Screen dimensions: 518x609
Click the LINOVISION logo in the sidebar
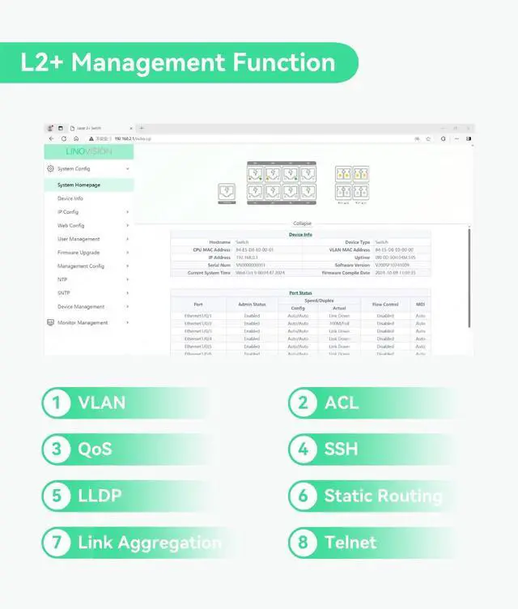click(89, 151)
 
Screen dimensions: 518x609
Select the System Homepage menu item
click(79, 185)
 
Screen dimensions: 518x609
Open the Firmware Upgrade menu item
click(79, 253)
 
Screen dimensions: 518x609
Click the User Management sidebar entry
click(79, 239)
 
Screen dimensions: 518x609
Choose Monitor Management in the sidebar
click(82, 322)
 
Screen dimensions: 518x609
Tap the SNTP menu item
click(64, 293)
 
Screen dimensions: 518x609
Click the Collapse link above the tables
click(301, 224)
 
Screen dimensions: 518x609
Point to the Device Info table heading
click(300, 235)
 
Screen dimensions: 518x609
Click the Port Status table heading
click(300, 292)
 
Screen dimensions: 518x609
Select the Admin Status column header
click(252, 304)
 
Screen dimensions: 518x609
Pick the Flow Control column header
click(385, 304)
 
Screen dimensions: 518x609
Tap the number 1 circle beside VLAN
click(56, 402)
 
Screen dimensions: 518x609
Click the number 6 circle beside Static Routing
click(303, 496)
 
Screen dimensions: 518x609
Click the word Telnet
click(350, 542)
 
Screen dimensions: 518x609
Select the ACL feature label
click(341, 402)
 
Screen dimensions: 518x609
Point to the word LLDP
click(101, 496)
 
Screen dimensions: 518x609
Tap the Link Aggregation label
click(149, 542)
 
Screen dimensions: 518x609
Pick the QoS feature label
click(95, 449)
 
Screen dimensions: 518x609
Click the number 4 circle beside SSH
click(303, 449)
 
